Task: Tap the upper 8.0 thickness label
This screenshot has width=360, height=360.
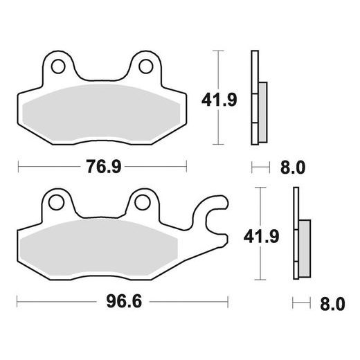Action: coord(290,168)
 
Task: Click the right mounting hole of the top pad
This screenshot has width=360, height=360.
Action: coord(146,66)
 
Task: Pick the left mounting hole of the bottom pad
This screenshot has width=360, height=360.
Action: coord(56,203)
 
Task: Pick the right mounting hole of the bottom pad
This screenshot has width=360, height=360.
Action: coord(141,203)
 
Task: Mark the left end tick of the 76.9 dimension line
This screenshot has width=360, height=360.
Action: coord(18,167)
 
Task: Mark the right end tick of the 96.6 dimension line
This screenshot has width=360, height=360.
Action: coord(228,303)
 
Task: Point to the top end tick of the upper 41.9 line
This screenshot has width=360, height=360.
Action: coord(219,51)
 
